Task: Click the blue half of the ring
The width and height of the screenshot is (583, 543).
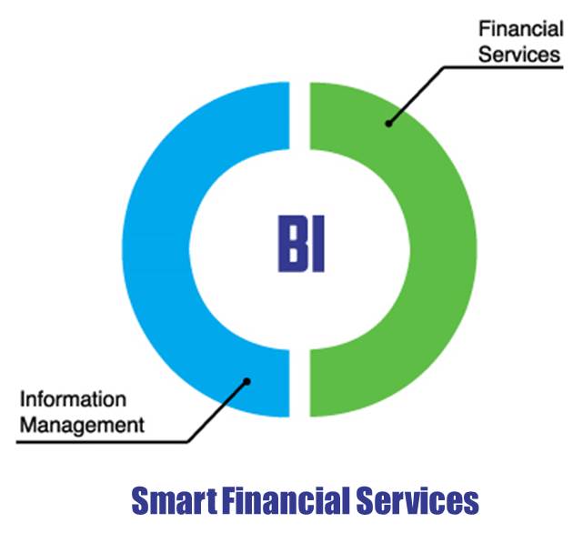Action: (x=156, y=249)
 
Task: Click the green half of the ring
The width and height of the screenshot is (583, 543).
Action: (x=443, y=249)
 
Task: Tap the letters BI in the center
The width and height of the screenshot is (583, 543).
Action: (x=301, y=244)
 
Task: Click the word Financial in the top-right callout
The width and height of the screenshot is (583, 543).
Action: (x=521, y=29)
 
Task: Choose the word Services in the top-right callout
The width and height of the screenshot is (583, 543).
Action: (x=519, y=55)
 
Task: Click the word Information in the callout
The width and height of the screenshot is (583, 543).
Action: (x=74, y=399)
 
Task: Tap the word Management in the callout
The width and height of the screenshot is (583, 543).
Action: (x=82, y=425)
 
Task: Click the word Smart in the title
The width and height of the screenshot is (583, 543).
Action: (x=174, y=500)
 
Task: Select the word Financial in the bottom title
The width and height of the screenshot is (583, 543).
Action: (x=286, y=500)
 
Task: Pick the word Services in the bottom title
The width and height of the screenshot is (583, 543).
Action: (x=417, y=500)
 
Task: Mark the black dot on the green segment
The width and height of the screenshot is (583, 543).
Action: (x=388, y=124)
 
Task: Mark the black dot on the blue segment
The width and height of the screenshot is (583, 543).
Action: (x=246, y=381)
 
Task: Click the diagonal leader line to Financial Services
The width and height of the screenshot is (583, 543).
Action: (x=417, y=96)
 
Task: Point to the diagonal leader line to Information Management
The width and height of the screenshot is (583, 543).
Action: (x=217, y=412)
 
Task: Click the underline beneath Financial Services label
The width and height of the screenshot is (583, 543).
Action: (x=504, y=67)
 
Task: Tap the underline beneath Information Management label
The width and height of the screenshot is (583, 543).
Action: (x=102, y=442)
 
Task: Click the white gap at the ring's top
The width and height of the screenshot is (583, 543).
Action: (x=299, y=116)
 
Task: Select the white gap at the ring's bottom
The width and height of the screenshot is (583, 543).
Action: (x=299, y=383)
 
